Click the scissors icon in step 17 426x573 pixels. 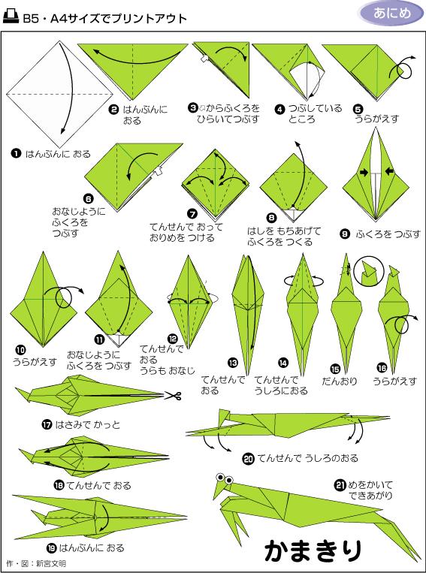pos(174,397)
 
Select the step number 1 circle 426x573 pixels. pos(15,153)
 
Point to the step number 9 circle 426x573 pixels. pos(344,234)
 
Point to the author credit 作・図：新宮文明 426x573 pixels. pos(36,562)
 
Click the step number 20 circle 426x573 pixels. pos(248,457)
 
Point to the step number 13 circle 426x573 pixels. pos(233,361)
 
